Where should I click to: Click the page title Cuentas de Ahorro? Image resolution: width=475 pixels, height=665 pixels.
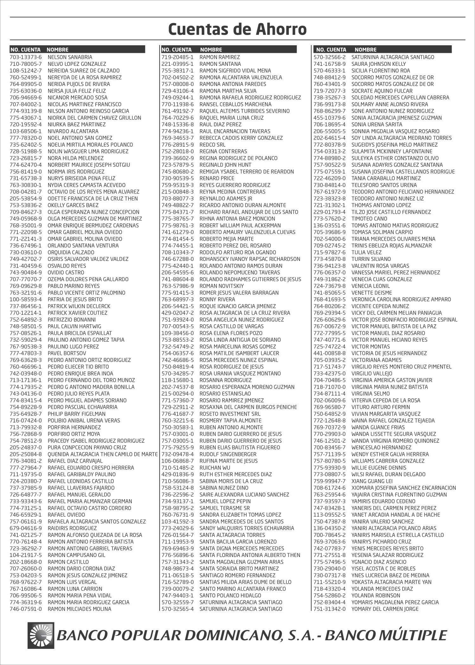(237, 29)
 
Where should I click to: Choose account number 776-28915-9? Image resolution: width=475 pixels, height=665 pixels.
(178, 145)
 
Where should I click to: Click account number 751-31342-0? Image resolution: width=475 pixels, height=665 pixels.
(330, 609)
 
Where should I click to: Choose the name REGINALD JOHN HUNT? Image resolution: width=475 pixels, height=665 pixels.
(225, 165)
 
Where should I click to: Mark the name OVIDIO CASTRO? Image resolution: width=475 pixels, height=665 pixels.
(66, 273)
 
